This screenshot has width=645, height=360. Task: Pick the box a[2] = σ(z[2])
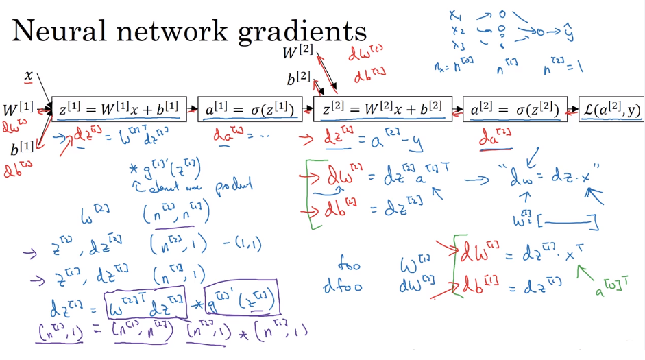pos(514,109)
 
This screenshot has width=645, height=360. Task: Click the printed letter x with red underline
pos(29,75)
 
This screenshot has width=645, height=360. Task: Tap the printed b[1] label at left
pos(22,148)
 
